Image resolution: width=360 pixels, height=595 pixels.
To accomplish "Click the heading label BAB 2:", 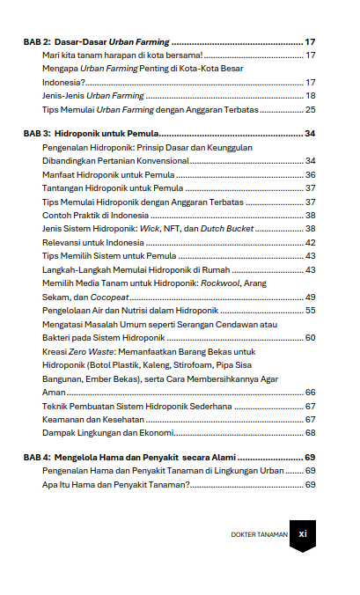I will [36, 42].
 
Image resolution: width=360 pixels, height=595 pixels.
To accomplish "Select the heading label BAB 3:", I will [36, 133].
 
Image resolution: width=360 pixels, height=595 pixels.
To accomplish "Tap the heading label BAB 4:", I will [36, 458].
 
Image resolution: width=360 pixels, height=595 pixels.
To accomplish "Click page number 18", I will [310, 95].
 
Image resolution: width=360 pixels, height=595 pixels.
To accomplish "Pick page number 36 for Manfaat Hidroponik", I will [310, 175].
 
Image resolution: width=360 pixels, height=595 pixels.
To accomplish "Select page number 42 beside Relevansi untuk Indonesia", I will [310, 242].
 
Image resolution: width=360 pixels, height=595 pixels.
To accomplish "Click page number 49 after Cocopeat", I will [310, 297].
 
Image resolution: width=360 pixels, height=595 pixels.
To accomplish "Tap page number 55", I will [310, 310].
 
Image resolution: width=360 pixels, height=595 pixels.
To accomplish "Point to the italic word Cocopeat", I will [109, 297].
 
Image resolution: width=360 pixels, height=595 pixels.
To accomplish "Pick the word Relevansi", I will [61, 242].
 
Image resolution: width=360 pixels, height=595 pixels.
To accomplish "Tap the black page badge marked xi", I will [302, 533].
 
